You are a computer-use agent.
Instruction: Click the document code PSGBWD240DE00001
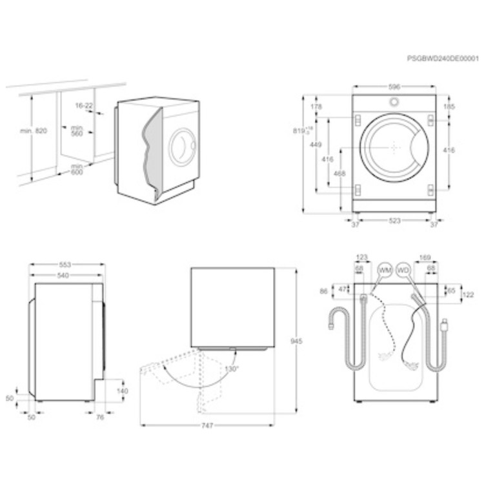(443, 58)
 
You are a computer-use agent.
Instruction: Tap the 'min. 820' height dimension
(34, 131)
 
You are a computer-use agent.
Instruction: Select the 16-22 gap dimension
(84, 105)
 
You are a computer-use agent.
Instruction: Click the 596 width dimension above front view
(395, 86)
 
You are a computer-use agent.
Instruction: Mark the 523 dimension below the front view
(395, 221)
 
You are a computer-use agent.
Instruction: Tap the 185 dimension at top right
(450, 106)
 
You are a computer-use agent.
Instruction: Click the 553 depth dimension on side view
(66, 265)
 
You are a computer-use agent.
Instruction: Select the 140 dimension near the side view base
(123, 390)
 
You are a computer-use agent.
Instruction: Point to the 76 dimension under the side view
(101, 418)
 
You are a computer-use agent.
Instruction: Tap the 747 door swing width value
(207, 426)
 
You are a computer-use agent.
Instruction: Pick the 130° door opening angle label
(231, 368)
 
